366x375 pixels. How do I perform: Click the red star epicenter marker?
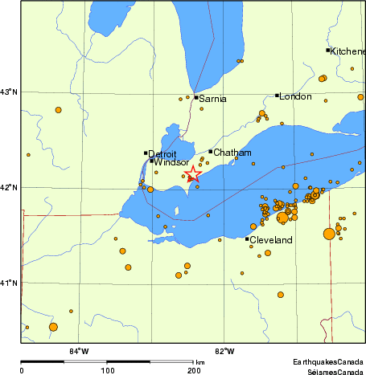(193, 175)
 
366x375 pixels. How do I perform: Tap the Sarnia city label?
(213, 99)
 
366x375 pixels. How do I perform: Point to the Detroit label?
(162, 153)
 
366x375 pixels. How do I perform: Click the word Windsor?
(171, 162)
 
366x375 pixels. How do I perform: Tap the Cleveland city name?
(271, 240)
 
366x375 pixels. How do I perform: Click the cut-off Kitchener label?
(348, 51)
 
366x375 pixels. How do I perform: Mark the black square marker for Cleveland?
(247, 238)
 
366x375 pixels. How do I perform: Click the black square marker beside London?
(278, 96)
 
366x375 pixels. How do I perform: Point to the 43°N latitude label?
(9, 92)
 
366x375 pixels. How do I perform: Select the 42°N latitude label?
(9, 187)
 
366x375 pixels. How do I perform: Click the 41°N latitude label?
(9, 283)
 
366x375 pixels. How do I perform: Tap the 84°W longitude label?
(78, 351)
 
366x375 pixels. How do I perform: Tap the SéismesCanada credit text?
(329, 371)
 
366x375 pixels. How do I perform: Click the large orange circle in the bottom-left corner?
(53, 327)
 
